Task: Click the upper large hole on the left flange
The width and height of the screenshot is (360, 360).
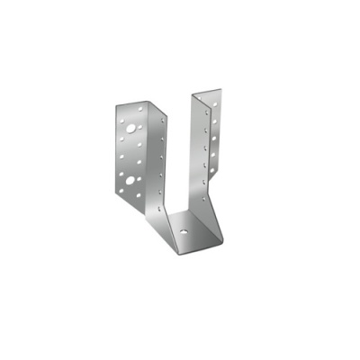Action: coord(132,128)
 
